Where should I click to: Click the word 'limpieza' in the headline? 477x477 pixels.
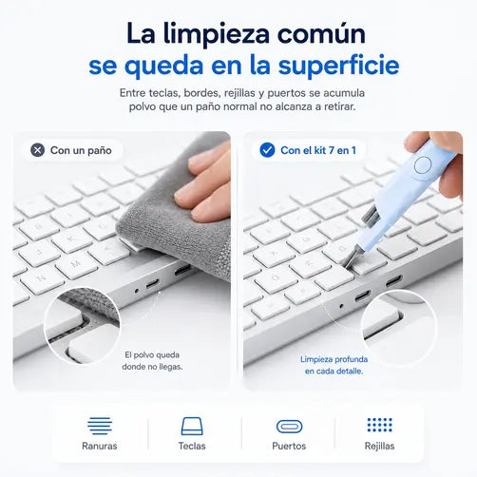point(217,35)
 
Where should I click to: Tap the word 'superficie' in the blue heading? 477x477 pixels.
point(338,66)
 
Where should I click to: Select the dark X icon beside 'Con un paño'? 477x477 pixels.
point(38,150)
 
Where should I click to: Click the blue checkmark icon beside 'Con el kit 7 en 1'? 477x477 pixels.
point(267,150)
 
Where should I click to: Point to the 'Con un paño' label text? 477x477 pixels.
point(81,150)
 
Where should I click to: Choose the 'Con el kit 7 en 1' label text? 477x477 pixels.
point(318,150)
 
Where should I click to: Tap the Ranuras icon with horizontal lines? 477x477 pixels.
point(100,426)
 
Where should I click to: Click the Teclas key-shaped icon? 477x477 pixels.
point(192,426)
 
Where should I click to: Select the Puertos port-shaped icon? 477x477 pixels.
point(289,427)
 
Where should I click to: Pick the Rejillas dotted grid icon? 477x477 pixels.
point(379,425)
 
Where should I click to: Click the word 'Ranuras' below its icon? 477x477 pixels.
point(100,446)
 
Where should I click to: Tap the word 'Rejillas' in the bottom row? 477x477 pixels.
point(379,446)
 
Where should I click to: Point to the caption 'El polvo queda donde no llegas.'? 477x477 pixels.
point(152,361)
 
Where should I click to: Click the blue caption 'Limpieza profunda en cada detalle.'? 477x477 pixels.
point(334,365)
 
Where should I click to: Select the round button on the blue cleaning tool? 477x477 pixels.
point(423,165)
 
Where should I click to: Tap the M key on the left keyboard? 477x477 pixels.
point(76,265)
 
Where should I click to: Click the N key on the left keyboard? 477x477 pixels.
point(42,279)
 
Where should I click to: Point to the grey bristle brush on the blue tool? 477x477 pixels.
point(370,216)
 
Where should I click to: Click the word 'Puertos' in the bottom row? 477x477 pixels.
point(289,446)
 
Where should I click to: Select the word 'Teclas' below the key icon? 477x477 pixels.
point(192,446)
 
